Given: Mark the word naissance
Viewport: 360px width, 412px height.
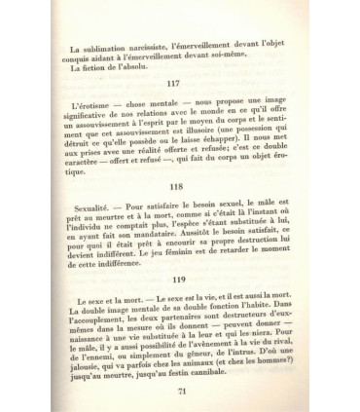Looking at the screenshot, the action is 61,371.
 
